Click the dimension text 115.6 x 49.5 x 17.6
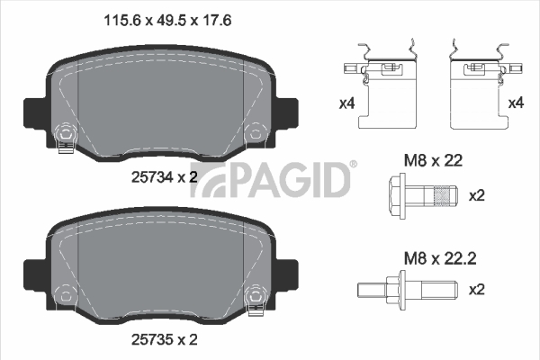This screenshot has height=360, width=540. point(167,21)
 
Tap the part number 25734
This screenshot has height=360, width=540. point(152,177)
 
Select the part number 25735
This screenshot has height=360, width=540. point(152,340)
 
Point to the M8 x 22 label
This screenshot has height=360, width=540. point(433,160)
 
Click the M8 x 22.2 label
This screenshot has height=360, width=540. point(440,258)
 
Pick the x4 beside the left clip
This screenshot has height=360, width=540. point(346,103)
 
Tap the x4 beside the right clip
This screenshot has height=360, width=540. point(516,103)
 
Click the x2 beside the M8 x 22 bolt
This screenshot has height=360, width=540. point(477,195)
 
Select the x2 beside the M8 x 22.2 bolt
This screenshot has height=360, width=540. point(477,290)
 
